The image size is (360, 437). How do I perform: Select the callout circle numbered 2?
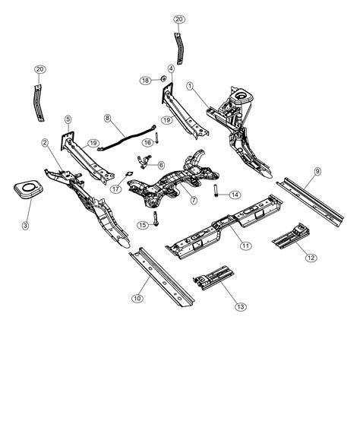[45, 142]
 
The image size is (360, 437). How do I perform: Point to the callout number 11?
[245, 245]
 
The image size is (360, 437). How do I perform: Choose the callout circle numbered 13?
[241, 306]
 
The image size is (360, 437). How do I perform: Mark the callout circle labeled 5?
[68, 119]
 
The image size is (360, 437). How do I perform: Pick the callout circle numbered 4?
[170, 68]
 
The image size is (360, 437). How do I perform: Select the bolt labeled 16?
[156, 141]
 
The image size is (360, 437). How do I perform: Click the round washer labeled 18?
[162, 80]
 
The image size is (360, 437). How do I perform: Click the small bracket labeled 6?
[144, 161]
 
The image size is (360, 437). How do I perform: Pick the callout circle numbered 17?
[116, 189]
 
